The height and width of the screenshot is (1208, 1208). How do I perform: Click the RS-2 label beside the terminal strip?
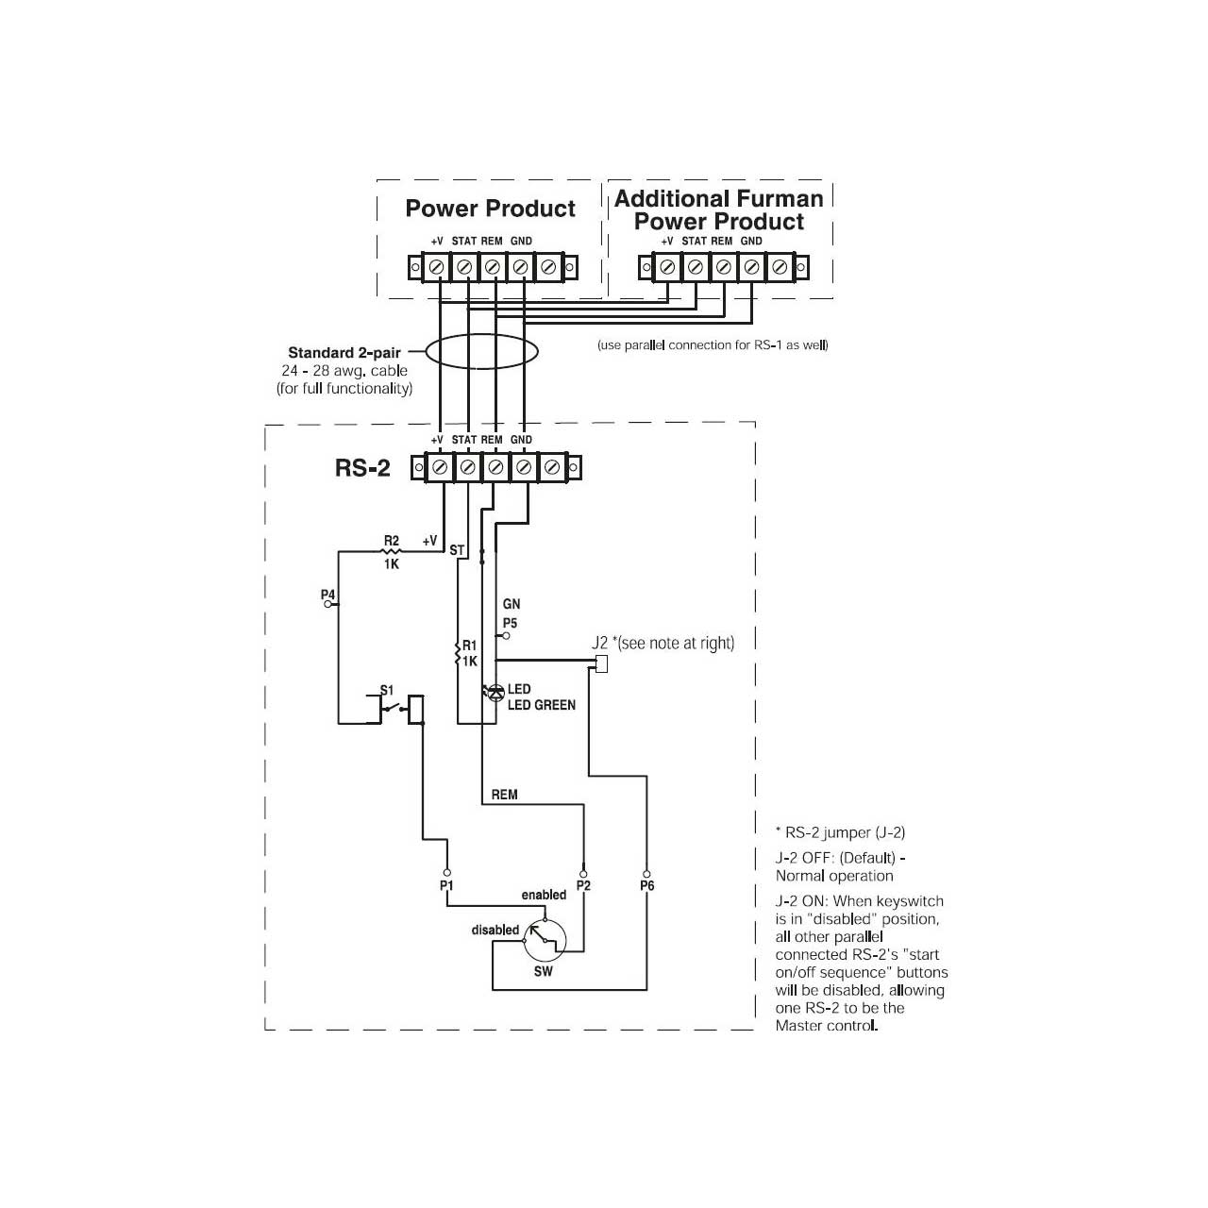point(362,468)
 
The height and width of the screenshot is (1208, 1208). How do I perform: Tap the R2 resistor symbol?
point(391,552)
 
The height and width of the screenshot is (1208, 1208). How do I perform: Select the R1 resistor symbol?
point(458,652)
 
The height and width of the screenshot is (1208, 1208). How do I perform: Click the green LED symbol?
point(495,693)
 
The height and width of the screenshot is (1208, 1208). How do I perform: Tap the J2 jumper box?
point(601,663)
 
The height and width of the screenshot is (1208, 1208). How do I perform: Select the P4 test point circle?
point(327,604)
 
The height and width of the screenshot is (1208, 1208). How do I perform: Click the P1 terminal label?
point(446,886)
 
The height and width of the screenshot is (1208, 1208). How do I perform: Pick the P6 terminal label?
point(647,886)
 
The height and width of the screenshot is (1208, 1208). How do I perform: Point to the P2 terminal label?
point(583,886)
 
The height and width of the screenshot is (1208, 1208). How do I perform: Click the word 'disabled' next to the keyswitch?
point(495,930)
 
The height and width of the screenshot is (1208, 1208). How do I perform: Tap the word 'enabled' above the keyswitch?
point(544,895)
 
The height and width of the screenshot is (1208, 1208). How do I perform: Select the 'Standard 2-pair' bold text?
point(344,353)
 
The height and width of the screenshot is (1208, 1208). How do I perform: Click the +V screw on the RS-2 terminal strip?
point(440,467)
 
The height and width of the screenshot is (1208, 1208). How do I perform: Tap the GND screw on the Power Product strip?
point(520,268)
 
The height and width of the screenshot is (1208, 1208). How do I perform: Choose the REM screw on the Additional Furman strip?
point(723,268)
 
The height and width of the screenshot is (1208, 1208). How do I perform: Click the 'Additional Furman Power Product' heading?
point(718,210)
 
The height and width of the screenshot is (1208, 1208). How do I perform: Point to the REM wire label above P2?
point(504,795)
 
